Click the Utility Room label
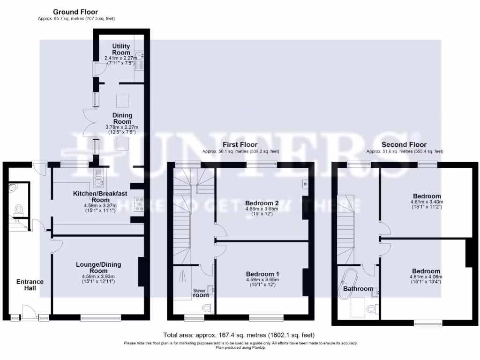pos(121,49)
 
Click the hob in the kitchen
pos(139,204)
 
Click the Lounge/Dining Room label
pos(98,268)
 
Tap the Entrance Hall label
pos(30,285)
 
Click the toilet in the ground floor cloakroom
pos(19,210)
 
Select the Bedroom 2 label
pos(262,203)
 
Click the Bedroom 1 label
pos(262,274)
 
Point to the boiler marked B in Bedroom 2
pos(305,184)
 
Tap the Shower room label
pos(201,293)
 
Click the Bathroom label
pos(358,289)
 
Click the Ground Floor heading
pos(75,12)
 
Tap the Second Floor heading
pos(404,145)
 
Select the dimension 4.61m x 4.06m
pos(426,277)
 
